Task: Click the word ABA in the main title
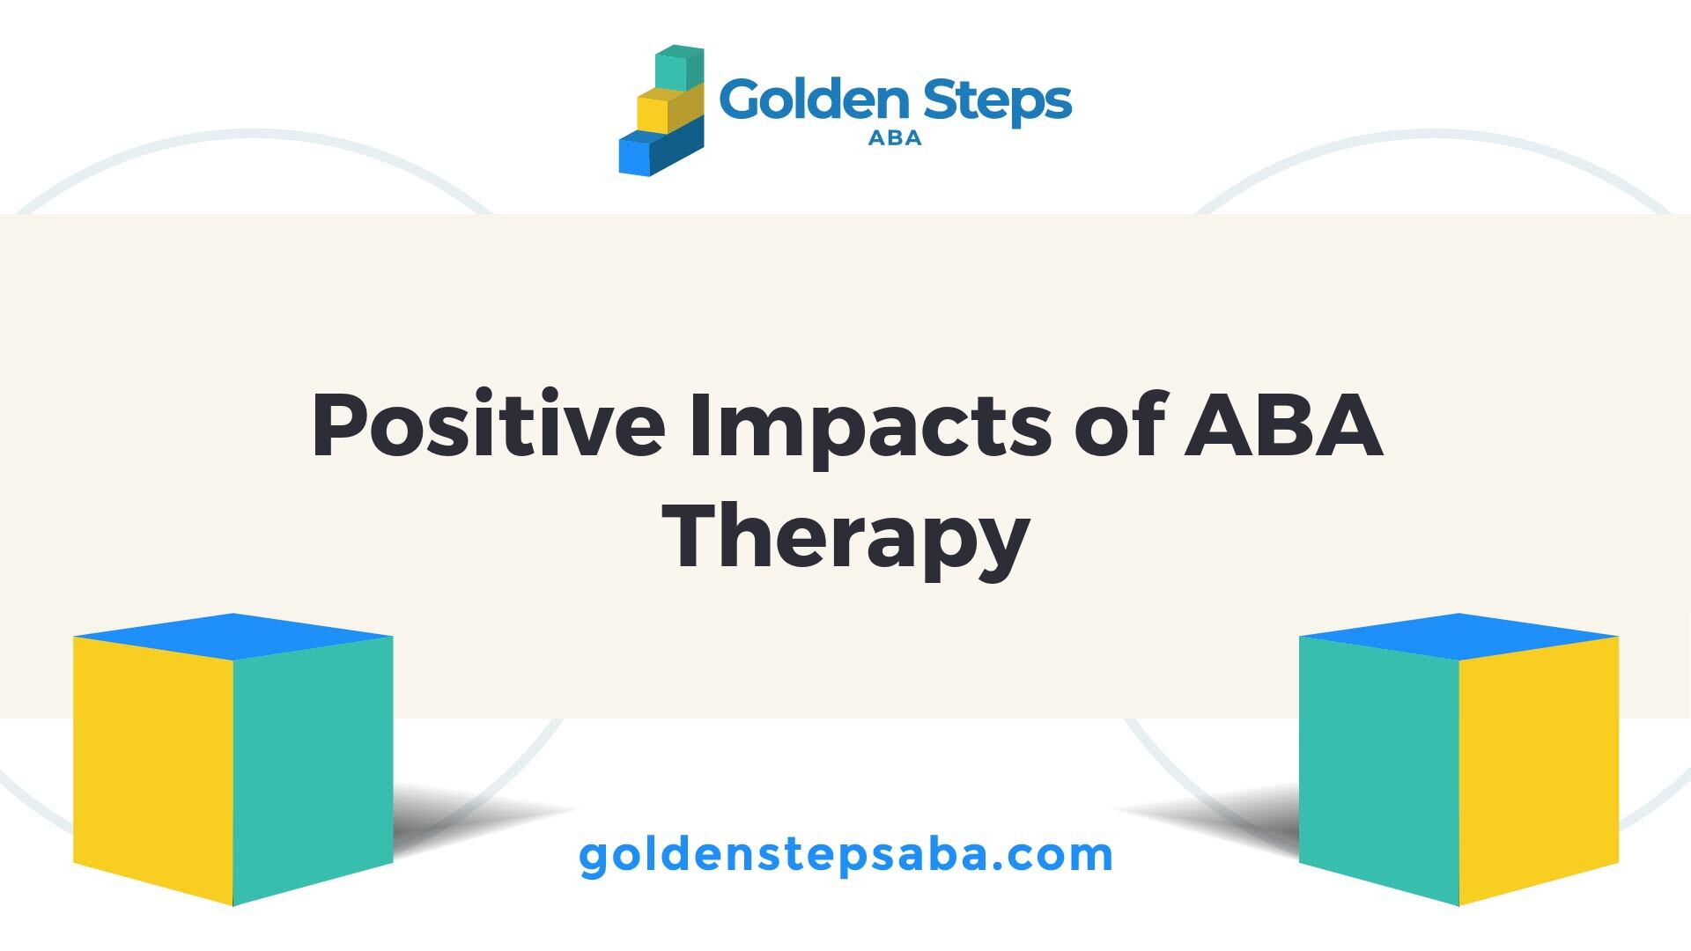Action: point(1283,426)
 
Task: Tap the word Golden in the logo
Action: point(815,100)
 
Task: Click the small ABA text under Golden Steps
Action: point(895,138)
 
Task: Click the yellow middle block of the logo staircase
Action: point(669,109)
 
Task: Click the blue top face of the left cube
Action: point(233,636)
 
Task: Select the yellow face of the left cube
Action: point(153,769)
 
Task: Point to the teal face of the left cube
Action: point(313,769)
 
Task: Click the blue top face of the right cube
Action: point(1458,636)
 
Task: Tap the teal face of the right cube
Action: point(1379,769)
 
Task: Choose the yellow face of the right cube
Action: point(1539,769)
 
